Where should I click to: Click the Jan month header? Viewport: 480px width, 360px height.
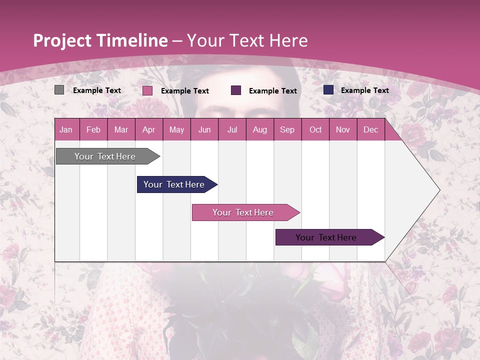click(66, 129)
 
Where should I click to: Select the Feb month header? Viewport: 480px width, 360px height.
click(93, 129)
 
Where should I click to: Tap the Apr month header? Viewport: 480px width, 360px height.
click(149, 129)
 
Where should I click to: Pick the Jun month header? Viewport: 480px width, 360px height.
click(204, 129)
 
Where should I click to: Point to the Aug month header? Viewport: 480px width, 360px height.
click(260, 129)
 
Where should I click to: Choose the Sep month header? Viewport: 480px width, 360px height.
click(287, 129)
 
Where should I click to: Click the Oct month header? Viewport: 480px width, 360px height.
click(315, 129)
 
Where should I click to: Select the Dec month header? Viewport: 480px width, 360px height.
click(371, 129)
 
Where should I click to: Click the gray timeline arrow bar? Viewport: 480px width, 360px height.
click(105, 156)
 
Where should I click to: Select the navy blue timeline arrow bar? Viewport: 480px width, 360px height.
click(174, 184)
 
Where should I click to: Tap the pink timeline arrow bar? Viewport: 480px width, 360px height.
click(243, 212)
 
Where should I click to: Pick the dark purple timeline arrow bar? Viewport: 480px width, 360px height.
click(326, 237)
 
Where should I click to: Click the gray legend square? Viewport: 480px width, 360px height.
click(59, 90)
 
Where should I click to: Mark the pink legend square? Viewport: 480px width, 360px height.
click(147, 90)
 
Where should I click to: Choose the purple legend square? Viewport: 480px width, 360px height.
click(236, 90)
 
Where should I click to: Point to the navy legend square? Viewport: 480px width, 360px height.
click(328, 90)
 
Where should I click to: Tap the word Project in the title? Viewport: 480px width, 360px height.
click(61, 40)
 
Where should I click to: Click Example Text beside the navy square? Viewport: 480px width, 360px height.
click(364, 90)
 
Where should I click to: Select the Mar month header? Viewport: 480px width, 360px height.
click(121, 129)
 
